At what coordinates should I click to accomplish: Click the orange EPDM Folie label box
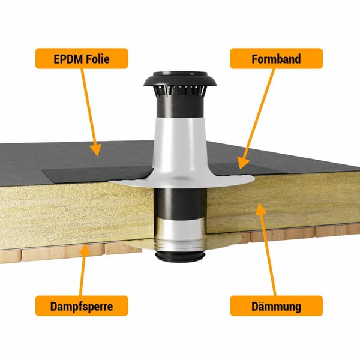pos(82,59)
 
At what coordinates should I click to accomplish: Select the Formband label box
pos(276,59)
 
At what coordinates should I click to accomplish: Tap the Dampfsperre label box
pos(82,306)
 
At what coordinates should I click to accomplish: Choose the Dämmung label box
pos(276,306)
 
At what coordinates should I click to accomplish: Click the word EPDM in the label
pos(67,59)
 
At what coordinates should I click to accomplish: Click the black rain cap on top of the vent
pos(180,79)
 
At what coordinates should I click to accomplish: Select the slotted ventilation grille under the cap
pos(180,91)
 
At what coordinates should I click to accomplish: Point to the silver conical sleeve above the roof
pos(180,147)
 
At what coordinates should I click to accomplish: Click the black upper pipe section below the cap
pos(180,107)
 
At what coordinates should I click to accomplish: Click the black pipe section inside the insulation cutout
pos(180,203)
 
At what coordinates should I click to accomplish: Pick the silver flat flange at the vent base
pos(181,181)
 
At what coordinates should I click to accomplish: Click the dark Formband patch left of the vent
pos(97,175)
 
